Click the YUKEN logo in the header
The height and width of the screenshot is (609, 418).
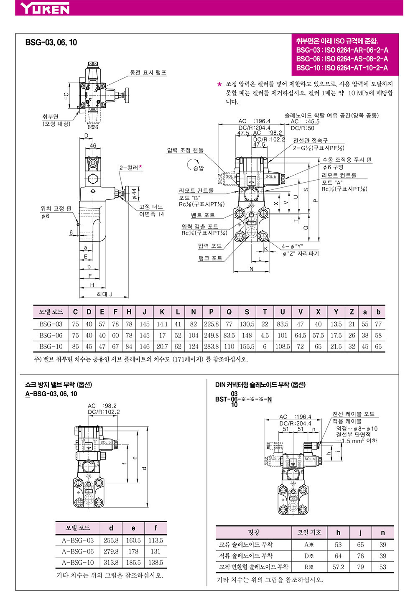[45, 8]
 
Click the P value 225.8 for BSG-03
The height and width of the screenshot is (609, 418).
[212, 324]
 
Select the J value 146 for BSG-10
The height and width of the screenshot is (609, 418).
[144, 347]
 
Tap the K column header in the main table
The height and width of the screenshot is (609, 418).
[162, 312]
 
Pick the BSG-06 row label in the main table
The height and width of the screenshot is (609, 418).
[51, 335]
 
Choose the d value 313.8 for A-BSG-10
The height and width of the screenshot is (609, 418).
[111, 563]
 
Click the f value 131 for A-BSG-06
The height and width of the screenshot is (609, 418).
[155, 551]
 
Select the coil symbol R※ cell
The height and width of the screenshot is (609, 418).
[309, 567]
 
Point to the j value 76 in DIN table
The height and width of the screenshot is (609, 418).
[360, 556]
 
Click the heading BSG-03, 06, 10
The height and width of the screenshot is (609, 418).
[51, 42]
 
